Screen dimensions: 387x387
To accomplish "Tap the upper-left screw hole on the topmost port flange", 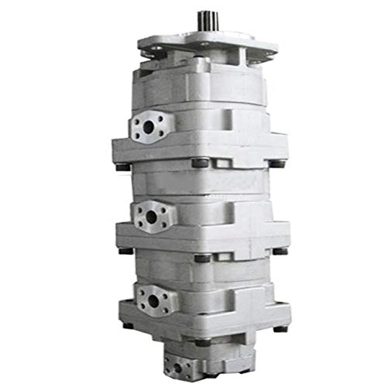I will pos(137,121).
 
